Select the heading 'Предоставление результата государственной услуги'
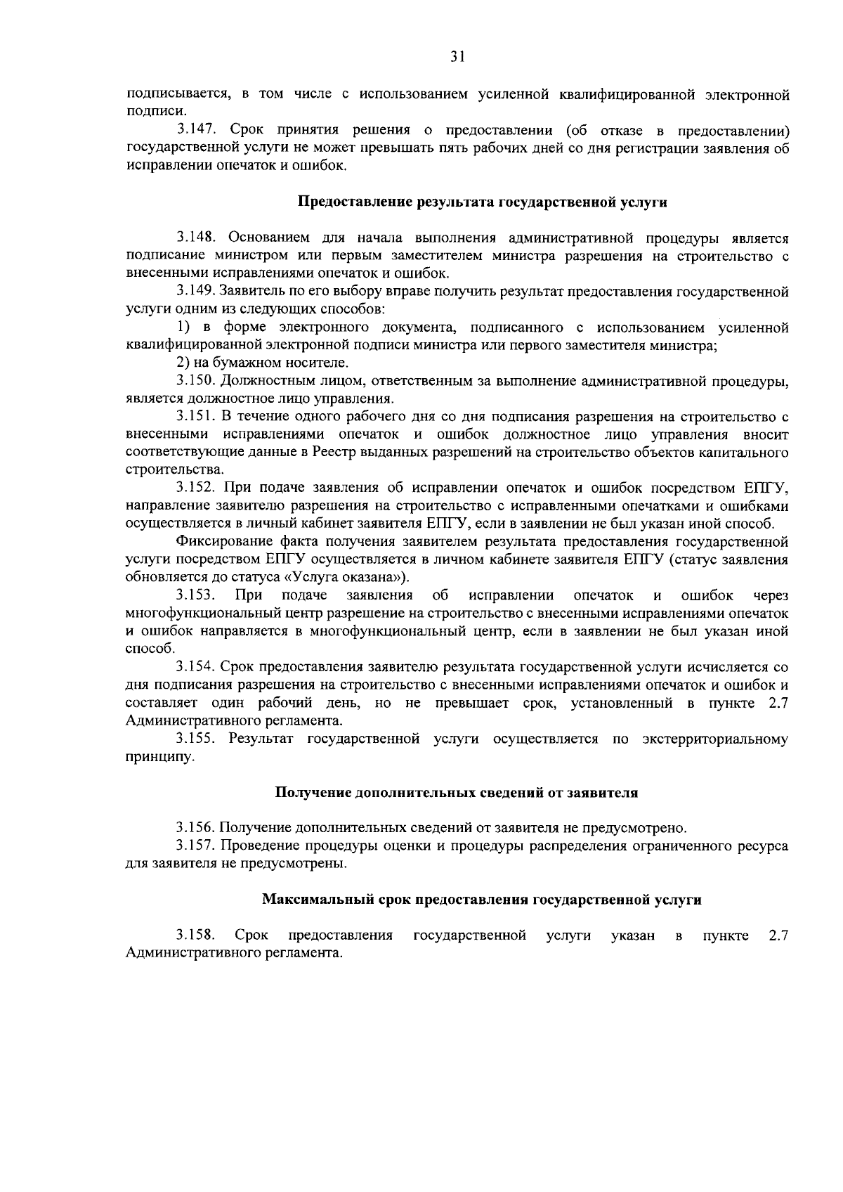[483, 202]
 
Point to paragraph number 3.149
[195, 292]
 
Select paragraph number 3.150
[195, 382]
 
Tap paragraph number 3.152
[195, 488]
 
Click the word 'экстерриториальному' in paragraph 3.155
[714, 739]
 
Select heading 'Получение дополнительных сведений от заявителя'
[456, 793]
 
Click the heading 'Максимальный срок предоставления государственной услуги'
[482, 900]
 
